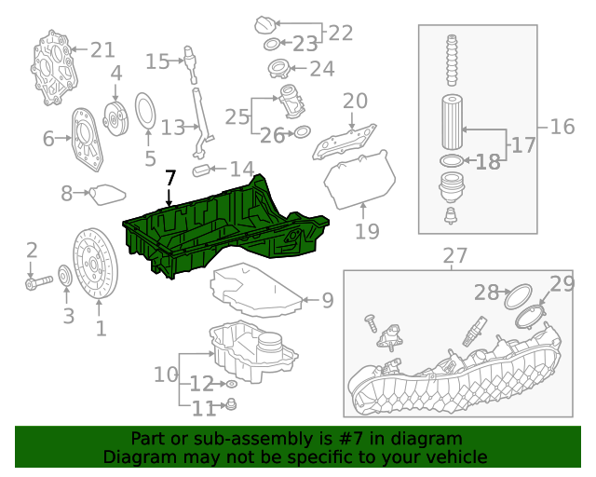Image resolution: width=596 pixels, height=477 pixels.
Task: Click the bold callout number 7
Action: pyautogui.click(x=169, y=177)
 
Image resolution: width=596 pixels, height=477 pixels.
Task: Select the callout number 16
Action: pyautogui.click(x=562, y=127)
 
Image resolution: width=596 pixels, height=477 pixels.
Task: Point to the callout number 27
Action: pyautogui.click(x=454, y=255)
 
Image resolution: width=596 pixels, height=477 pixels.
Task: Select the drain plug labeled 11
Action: pyautogui.click(x=232, y=405)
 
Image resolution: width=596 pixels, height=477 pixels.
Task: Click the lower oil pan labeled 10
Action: pyautogui.click(x=251, y=349)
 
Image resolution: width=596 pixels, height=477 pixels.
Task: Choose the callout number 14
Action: pyautogui.click(x=242, y=170)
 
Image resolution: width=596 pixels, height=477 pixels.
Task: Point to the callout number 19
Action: pyautogui.click(x=367, y=230)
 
